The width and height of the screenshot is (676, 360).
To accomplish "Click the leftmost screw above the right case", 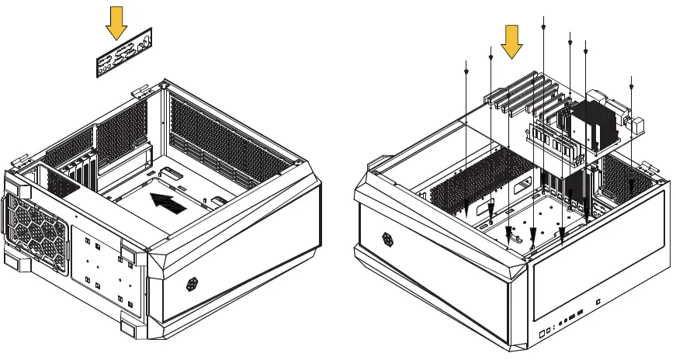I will pyautogui.click(x=465, y=71).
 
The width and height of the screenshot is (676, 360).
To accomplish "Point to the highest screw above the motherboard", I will pyautogui.click(x=543, y=27).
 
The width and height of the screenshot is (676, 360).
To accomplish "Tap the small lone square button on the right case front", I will pyautogui.click(x=598, y=300).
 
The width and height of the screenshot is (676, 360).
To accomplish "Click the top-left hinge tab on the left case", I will pyautogui.click(x=140, y=91).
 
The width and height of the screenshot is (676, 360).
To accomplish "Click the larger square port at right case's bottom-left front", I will pyautogui.click(x=543, y=336).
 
